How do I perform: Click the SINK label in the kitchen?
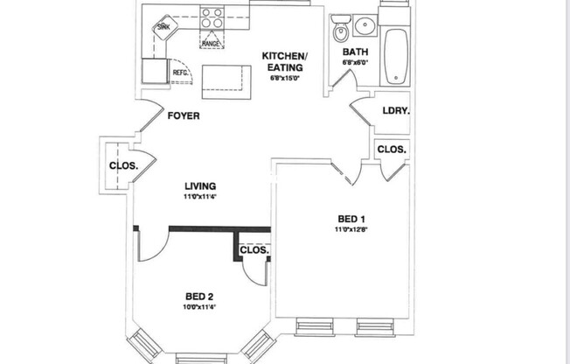tap(163, 27)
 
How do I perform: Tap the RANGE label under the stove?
tap(211, 43)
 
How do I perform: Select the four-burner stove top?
tap(212, 18)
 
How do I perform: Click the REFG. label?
tap(180, 73)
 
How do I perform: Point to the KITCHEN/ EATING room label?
tap(282, 62)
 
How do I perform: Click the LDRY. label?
tap(397, 111)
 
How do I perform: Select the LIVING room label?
tap(200, 186)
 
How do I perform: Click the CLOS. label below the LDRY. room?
tap(391, 150)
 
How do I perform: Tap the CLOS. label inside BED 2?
tap(255, 250)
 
